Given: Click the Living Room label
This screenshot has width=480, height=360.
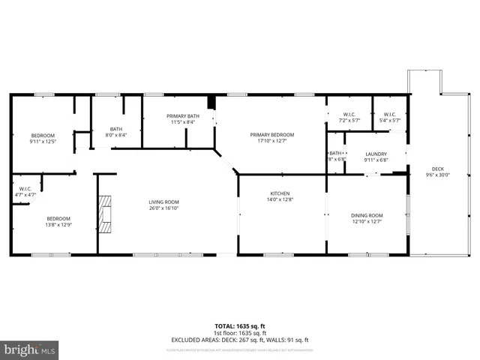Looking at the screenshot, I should (163, 202).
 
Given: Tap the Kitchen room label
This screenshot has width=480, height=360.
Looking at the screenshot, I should (280, 193).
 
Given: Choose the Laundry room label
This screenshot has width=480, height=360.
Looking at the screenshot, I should (376, 154).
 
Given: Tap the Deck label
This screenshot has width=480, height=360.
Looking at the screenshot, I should (437, 169).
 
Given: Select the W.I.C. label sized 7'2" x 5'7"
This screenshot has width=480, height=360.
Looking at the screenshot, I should (349, 115).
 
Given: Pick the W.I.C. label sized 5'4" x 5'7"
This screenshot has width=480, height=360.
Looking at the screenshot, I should (390, 115).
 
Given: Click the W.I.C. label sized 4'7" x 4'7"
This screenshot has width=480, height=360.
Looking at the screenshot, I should (25, 189).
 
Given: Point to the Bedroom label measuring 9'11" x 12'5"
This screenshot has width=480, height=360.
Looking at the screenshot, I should (43, 136).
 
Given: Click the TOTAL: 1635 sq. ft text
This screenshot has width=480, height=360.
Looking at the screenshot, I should (239, 326).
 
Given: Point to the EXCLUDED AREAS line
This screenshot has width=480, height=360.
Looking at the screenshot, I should (239, 340).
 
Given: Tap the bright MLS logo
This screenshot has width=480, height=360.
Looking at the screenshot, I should (30, 349).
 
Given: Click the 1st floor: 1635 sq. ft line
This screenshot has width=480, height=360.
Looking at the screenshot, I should (239, 333).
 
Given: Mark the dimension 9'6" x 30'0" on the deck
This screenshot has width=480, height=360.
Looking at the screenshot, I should (437, 175).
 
